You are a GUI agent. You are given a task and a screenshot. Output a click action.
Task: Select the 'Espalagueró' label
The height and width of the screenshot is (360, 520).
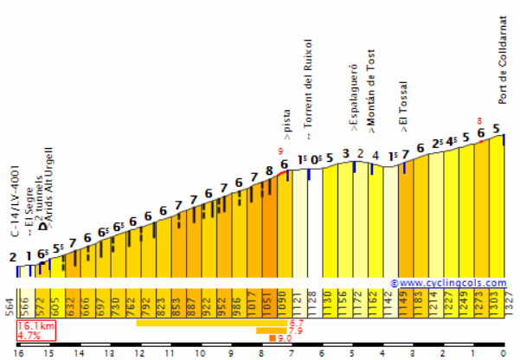(x=354, y=97)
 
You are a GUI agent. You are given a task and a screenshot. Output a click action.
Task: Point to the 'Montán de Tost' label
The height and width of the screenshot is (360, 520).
(x=371, y=92)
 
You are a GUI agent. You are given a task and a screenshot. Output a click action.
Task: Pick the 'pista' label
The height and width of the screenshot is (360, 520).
(x=287, y=122)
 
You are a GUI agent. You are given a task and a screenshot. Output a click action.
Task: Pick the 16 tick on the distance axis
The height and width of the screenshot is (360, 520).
(x=18, y=353)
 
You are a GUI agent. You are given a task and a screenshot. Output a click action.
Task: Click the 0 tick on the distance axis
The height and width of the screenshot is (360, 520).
(x=503, y=353)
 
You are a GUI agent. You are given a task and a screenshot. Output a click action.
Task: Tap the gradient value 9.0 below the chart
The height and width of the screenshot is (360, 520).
(x=283, y=338)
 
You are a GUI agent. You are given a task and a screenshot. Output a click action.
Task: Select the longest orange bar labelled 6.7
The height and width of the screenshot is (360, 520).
(x=211, y=323)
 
